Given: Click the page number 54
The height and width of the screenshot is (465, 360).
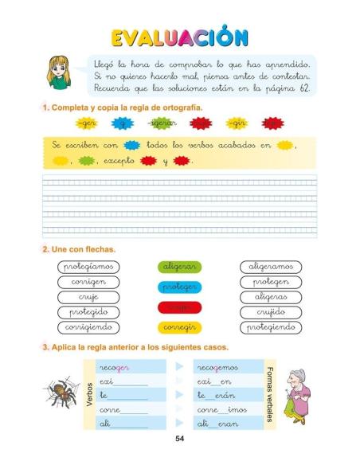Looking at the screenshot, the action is click(x=179, y=439).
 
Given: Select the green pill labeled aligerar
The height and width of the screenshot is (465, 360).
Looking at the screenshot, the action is click(x=179, y=267).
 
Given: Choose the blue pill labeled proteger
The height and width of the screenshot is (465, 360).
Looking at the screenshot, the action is click(x=179, y=287).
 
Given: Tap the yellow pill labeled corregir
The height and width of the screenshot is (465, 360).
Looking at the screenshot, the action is click(x=179, y=326).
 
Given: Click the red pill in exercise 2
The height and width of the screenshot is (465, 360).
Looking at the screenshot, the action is click(x=179, y=307).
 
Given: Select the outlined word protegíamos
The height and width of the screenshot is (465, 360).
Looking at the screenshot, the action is click(x=88, y=267).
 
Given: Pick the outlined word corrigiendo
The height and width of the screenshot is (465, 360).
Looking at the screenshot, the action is click(x=88, y=327).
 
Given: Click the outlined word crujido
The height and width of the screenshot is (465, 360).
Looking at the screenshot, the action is click(x=271, y=312).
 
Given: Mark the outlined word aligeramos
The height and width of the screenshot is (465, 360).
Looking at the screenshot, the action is click(x=271, y=267).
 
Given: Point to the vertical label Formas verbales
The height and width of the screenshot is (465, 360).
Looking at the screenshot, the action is click(x=270, y=396).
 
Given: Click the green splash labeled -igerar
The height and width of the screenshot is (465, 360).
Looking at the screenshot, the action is click(x=162, y=123).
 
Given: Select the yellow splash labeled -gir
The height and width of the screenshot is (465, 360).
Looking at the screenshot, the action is click(x=237, y=123).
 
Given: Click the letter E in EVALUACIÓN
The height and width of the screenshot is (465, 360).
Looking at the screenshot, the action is click(x=120, y=37).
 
